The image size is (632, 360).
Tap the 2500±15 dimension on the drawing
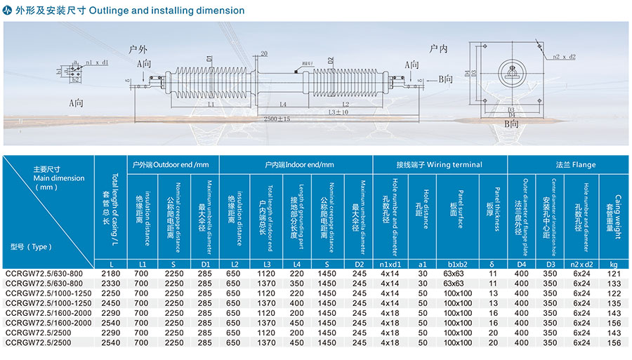277,119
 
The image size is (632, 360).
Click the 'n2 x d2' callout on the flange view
563,55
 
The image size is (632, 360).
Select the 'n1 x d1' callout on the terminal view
97,62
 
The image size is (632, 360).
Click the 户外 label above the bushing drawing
138,50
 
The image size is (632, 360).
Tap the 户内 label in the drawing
439,48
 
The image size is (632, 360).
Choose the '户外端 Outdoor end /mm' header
171,165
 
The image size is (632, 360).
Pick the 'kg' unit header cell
613,263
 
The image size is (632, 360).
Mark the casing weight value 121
613,273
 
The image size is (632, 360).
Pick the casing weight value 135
613,302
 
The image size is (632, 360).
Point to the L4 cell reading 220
297,273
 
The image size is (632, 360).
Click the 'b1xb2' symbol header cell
456,263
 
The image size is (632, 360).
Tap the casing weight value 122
613,293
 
